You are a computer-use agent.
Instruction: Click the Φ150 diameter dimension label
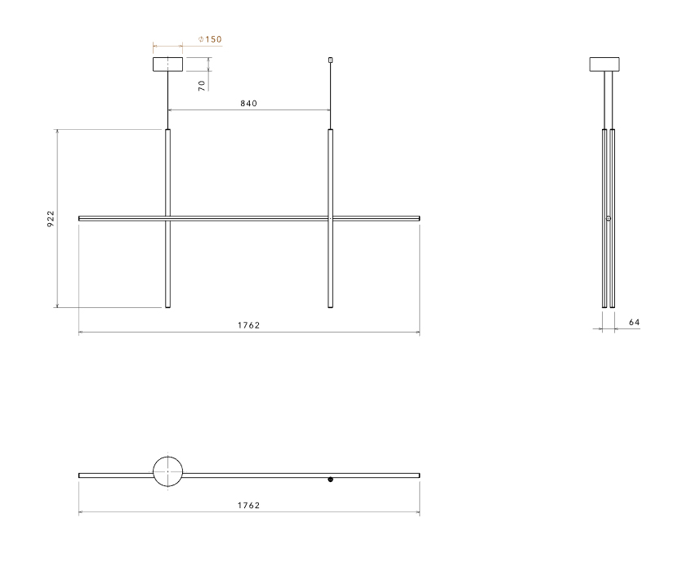pos(210,39)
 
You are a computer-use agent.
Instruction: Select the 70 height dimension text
pos(202,86)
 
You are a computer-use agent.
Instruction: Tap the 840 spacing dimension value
pos(248,104)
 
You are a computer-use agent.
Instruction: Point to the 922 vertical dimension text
pos(51,219)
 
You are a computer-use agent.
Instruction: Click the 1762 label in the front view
pos(248,325)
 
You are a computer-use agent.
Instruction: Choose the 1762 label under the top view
pos(248,506)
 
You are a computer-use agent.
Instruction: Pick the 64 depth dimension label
pos(635,323)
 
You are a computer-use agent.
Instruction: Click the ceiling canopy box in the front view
pos(168,65)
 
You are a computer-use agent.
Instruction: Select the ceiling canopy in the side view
pos(604,65)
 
